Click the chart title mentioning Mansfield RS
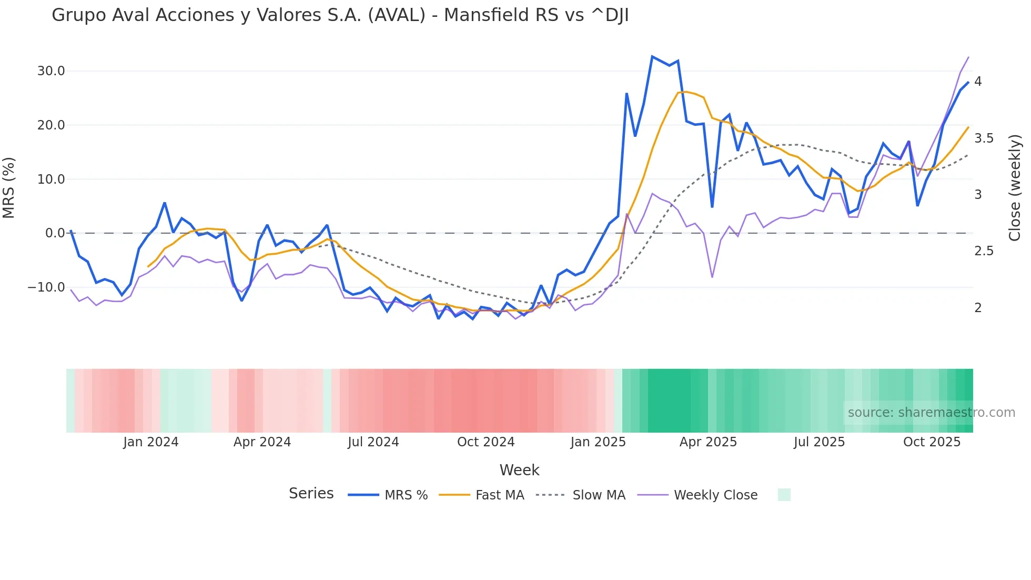pos(340,15)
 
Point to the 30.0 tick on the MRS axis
pos(51,71)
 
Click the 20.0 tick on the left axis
pos(51,125)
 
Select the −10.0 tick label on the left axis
pos(46,287)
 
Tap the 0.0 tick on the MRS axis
pos(55,233)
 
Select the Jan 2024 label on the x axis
pos(151,442)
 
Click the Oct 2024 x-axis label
pos(486,442)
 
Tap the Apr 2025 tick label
pos(708,442)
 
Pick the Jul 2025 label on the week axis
pos(819,442)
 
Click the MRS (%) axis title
pos(9,188)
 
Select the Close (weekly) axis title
pos(1015,188)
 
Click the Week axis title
pos(519,470)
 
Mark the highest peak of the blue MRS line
pos(652,56)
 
